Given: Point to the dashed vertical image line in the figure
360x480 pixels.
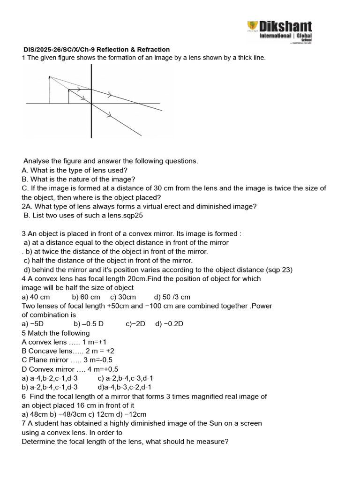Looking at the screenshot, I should coord(50,89).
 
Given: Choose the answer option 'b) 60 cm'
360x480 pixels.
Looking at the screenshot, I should coord(86,297).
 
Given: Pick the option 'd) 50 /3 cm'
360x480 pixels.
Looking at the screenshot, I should coord(172,297).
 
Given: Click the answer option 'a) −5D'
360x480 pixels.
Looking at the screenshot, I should coord(32,324).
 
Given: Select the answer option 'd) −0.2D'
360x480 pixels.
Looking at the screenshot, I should coord(169,324).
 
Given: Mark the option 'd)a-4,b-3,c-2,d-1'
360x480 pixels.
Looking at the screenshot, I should coord(125,387).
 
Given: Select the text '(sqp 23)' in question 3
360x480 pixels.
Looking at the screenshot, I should coord(279,270).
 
